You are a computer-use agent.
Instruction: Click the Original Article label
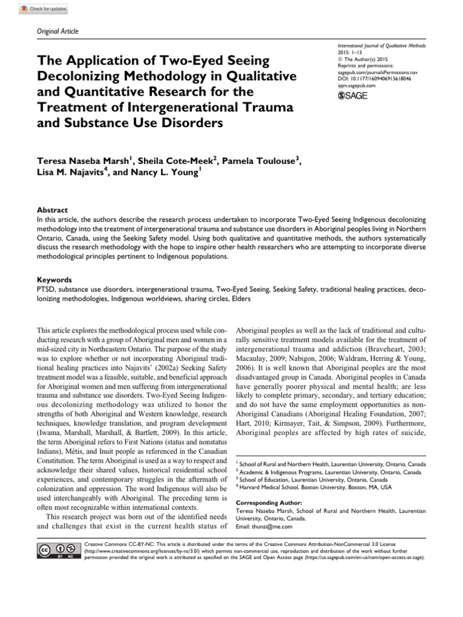click(x=58, y=31)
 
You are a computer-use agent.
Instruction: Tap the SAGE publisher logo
click(x=353, y=96)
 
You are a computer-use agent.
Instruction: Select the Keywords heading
click(x=54, y=280)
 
